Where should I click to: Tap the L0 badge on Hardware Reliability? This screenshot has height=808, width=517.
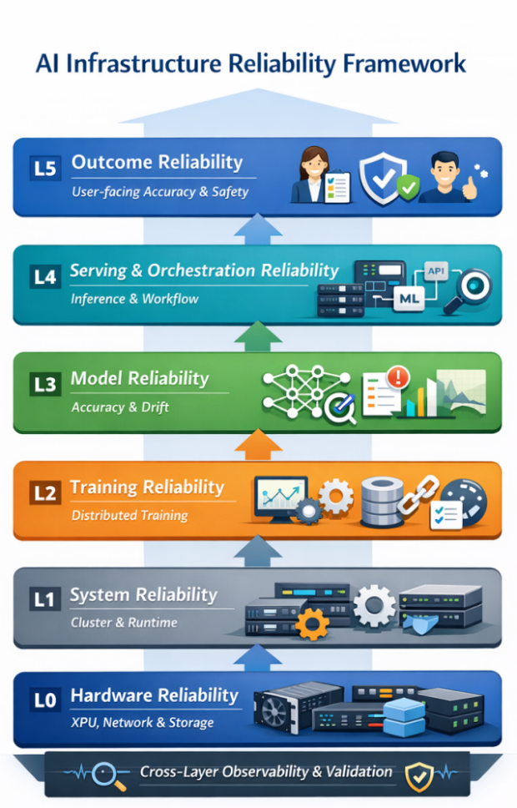coord(45,700)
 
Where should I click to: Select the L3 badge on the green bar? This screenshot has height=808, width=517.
coord(45,386)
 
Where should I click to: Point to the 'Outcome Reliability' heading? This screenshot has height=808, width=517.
coord(157,162)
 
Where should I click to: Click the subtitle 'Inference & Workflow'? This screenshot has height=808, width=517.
coord(134,298)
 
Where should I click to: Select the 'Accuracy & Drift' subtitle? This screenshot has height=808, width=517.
coord(120,407)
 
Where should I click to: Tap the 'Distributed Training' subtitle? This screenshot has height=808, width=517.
coord(129,515)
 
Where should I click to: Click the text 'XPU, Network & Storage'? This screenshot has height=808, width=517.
coord(142,722)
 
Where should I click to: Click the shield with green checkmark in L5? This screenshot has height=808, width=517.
coord(388,177)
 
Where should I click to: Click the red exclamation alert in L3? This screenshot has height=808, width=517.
coord(399,376)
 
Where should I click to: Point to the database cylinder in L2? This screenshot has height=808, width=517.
coord(380,501)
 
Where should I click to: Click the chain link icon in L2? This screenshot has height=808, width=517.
coord(414,499)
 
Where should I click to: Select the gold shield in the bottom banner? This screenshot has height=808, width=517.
coord(416,776)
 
